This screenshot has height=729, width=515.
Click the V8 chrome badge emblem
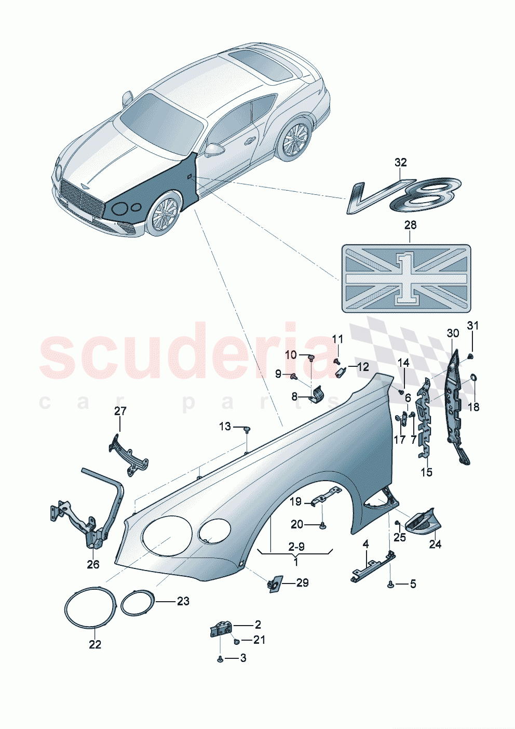404,196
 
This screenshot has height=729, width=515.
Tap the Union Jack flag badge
406,279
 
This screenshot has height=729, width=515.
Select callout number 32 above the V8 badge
400,163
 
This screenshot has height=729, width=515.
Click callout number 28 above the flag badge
410,225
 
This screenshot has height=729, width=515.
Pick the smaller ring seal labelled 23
138,603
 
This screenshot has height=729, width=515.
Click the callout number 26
93,564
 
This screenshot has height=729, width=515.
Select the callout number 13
225,427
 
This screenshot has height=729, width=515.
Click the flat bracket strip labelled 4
373,565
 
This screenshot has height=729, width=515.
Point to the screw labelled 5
390,585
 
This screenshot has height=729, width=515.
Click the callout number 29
302,583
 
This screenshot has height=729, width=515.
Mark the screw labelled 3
220,658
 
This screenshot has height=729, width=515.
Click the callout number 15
426,472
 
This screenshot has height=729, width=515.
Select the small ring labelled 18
473,377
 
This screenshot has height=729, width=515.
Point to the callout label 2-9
296,547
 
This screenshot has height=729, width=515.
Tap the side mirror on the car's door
213,150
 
